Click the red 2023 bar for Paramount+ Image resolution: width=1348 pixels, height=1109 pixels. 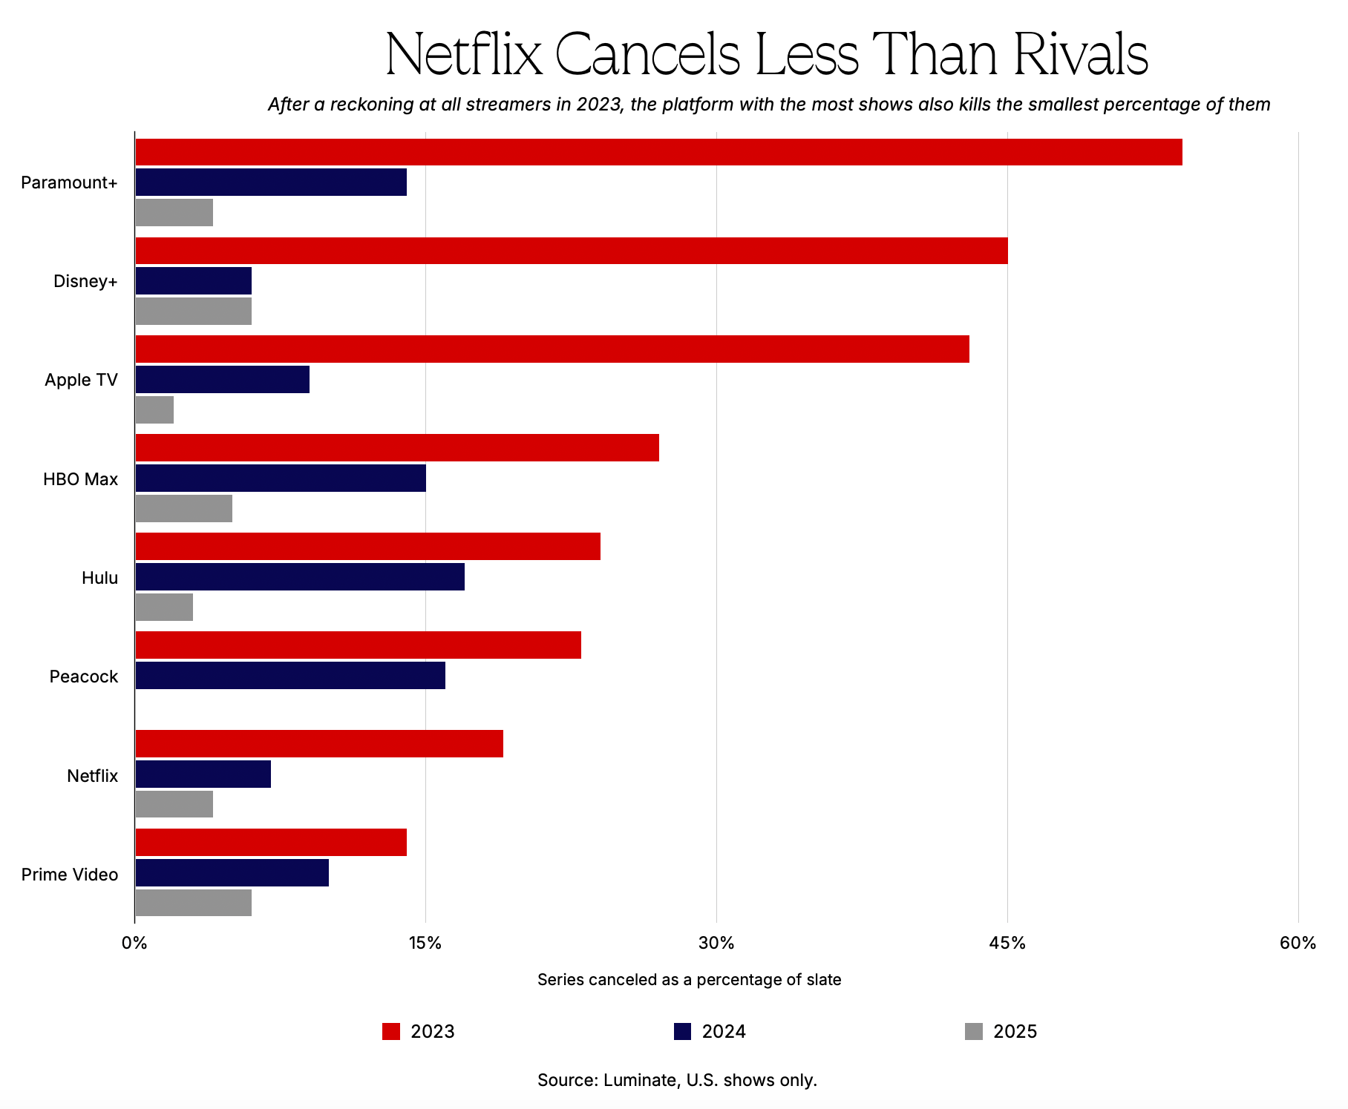tap(658, 152)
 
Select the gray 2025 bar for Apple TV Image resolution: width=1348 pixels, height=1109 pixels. tap(154, 410)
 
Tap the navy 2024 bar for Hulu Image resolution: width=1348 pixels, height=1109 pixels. tap(300, 576)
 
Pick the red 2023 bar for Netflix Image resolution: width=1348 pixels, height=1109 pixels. tap(319, 743)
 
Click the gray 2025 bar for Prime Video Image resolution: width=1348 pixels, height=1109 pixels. tap(193, 903)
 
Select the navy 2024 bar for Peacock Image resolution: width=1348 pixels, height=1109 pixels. tap(290, 675)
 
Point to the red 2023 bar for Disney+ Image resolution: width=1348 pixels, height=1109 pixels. tap(572, 251)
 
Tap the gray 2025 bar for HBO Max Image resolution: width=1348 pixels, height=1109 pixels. tap(183, 508)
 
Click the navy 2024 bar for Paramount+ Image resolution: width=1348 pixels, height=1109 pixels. tap(271, 182)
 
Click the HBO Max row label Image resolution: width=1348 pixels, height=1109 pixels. tap(80, 479)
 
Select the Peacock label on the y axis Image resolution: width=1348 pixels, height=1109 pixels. tap(83, 677)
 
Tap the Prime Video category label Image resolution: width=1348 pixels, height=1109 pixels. tap(70, 875)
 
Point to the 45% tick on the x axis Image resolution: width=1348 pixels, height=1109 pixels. tap(1007, 944)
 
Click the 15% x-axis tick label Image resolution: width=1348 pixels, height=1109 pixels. tap(425, 944)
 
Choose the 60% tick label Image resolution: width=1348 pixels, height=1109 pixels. tap(1298, 944)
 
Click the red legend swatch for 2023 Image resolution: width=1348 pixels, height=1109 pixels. tap(391, 1031)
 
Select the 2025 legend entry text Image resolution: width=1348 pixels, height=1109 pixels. tap(1015, 1032)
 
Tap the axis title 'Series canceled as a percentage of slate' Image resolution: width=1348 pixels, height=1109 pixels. tap(689, 980)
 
